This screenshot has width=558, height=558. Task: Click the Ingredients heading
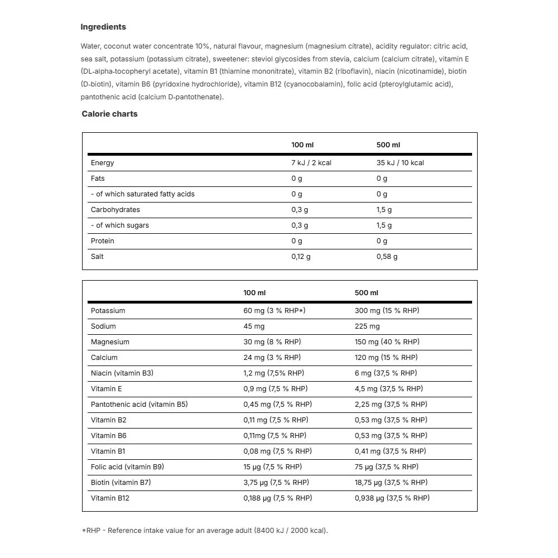click(x=103, y=27)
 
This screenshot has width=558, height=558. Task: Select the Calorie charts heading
click(x=109, y=114)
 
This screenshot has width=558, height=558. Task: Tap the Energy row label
click(x=102, y=163)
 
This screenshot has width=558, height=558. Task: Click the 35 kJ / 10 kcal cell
click(x=400, y=163)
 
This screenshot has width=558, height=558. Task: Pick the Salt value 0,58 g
click(x=387, y=257)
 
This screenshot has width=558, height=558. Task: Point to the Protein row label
click(x=103, y=241)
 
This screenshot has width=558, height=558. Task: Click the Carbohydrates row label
click(x=116, y=210)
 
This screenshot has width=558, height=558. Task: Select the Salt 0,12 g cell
click(x=301, y=257)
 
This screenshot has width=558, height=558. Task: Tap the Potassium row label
click(x=108, y=311)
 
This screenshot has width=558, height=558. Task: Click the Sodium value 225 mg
click(x=367, y=326)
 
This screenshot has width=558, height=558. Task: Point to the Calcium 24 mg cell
click(x=272, y=358)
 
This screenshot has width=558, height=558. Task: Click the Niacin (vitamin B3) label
click(x=122, y=373)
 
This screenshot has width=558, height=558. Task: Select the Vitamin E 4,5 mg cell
click(x=389, y=389)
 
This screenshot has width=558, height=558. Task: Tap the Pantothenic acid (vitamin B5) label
click(x=139, y=405)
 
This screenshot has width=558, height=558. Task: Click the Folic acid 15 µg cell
click(x=272, y=467)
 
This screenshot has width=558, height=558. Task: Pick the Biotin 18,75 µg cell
click(x=391, y=483)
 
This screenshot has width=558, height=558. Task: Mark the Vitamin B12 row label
click(x=110, y=498)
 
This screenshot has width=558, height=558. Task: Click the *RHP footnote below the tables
click(x=205, y=531)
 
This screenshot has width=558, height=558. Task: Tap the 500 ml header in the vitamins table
click(x=367, y=293)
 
